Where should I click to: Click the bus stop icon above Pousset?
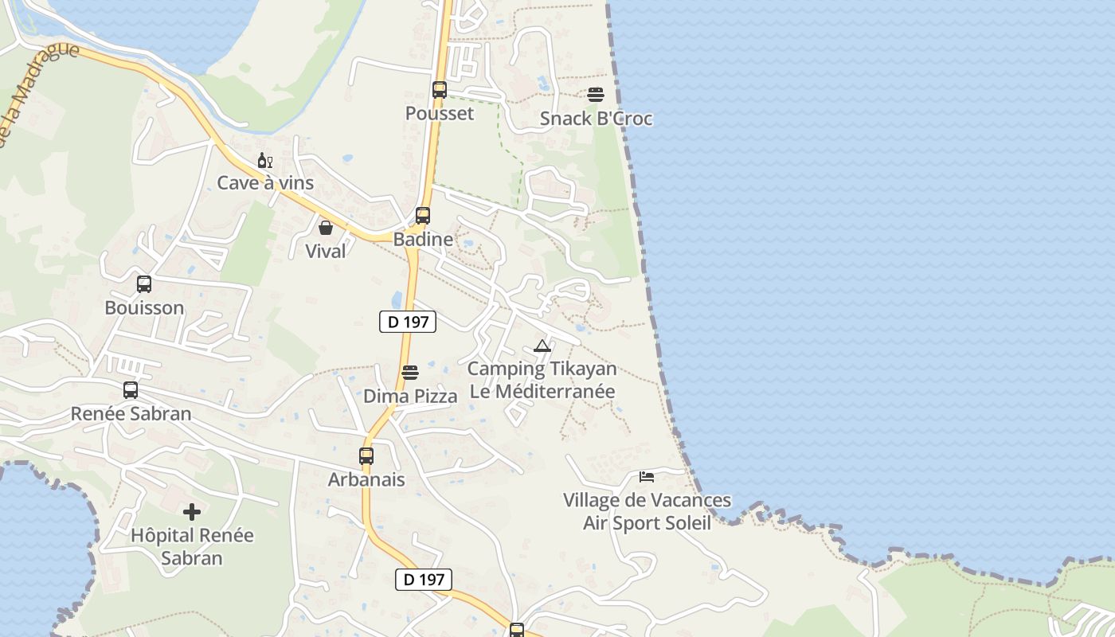pos(440,89)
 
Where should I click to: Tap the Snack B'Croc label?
pos(596,119)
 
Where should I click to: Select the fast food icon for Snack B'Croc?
pos(596,95)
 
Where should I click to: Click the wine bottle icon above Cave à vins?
pos(265,161)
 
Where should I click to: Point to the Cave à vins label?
pos(265,183)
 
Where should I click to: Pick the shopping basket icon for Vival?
pos(326,228)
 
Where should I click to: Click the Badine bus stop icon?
pos(423,215)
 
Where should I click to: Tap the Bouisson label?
pos(144,307)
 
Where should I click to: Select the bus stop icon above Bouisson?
pos(144,284)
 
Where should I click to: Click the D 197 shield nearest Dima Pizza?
pos(408,322)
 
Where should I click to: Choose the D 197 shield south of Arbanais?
pos(424,579)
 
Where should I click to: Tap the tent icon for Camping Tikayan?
pos(542,346)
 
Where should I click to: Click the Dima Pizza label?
pos(410,396)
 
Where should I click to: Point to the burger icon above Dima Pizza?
pos(410,373)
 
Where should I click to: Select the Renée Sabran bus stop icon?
pos(131,390)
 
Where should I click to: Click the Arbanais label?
pos(366,479)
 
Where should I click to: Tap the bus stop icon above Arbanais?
pos(366,456)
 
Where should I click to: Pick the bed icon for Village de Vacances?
pos(647,477)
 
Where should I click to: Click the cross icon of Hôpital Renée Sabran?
pos(192,512)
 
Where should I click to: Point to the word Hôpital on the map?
pos(163,535)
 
